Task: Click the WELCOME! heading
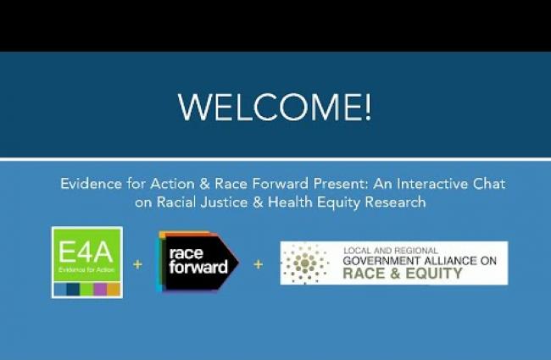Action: click(x=275, y=107)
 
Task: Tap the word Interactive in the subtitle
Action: click(x=432, y=184)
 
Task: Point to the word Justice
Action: click(x=224, y=202)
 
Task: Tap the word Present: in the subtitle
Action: click(x=341, y=184)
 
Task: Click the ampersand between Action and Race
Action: click(x=204, y=184)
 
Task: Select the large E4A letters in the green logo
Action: click(x=86, y=252)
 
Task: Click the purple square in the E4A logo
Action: click(x=100, y=290)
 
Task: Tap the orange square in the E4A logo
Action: click(x=114, y=290)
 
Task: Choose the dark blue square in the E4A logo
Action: click(x=73, y=290)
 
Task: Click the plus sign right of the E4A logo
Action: click(x=137, y=264)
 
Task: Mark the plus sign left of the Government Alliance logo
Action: click(x=259, y=264)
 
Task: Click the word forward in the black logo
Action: click(x=198, y=267)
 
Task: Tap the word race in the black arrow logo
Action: click(x=186, y=253)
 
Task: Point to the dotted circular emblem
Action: click(x=305, y=263)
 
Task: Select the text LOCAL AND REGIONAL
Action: click(x=391, y=251)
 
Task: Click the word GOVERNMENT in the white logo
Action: click(x=381, y=261)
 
